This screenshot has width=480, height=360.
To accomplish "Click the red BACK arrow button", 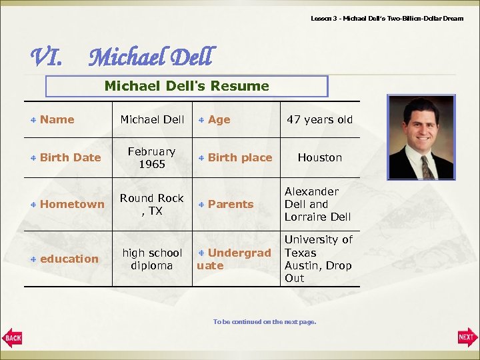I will click(12, 337).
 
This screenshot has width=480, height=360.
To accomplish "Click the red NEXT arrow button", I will click(467, 337).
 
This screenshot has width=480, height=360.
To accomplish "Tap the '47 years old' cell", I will click(319, 119).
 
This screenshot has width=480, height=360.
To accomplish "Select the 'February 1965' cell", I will click(152, 158).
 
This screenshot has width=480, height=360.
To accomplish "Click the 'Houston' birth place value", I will click(319, 157).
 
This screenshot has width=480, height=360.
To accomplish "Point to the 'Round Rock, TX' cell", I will click(152, 204).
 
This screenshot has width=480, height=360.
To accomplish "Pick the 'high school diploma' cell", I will click(152, 259).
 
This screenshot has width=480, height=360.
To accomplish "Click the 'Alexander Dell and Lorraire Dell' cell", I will click(317, 204).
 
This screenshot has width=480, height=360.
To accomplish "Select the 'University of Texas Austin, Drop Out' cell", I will click(318, 259).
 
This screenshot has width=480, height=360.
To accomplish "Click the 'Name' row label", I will click(57, 119).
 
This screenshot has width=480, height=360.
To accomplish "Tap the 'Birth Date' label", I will click(70, 157).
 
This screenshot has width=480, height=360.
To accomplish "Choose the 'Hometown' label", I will click(72, 204).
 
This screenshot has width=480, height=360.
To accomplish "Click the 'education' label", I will click(69, 259).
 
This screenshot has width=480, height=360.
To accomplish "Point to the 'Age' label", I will click(219, 119).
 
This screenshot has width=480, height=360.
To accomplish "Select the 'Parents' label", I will click(230, 204).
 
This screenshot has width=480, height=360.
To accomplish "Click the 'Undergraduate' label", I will click(235, 259).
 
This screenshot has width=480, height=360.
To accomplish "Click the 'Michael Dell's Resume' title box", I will click(187, 86).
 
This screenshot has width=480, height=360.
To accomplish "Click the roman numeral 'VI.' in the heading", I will click(47, 58).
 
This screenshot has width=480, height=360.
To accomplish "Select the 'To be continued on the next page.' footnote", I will click(264, 322).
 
